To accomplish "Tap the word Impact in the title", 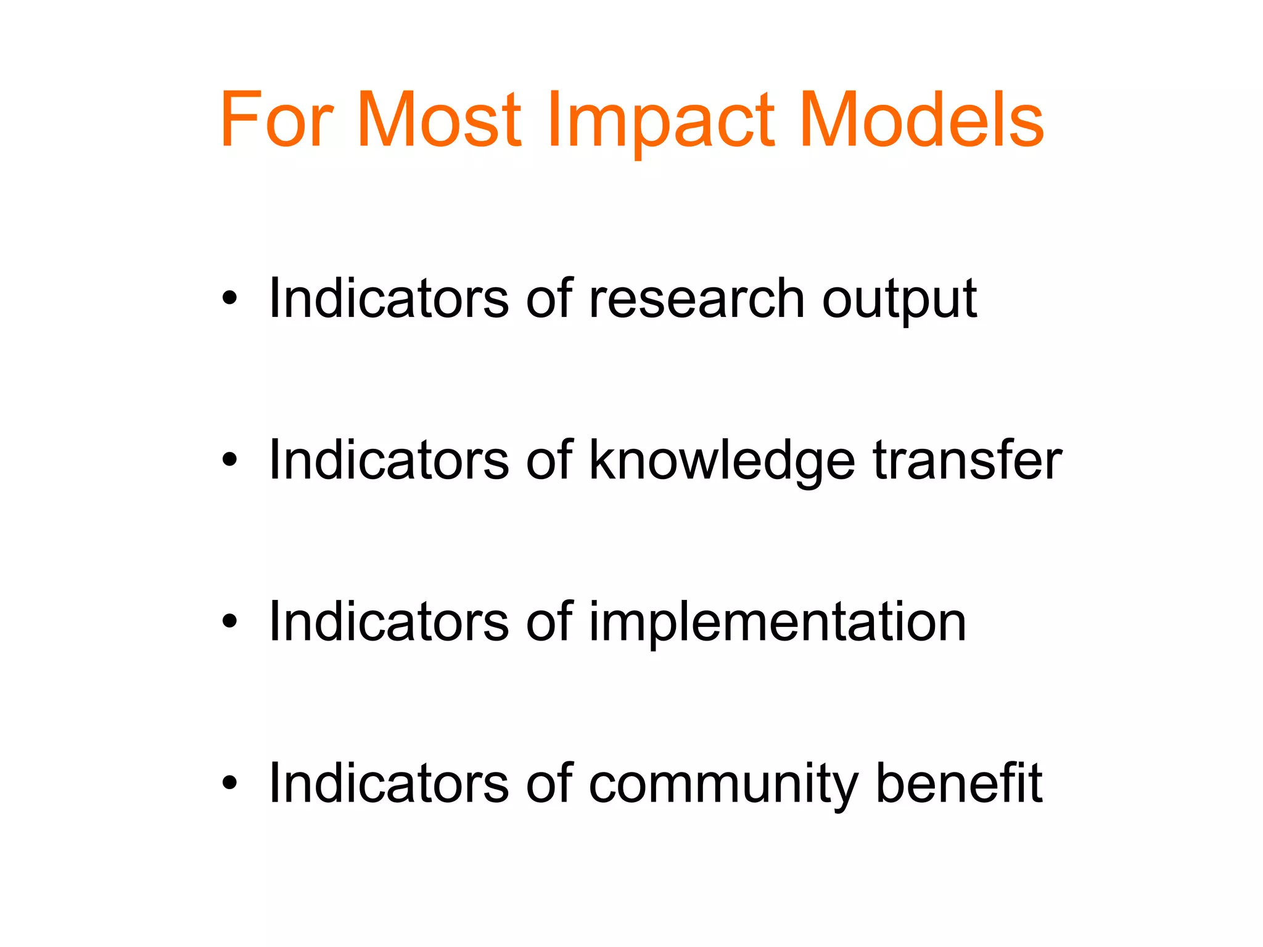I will pos(660,120).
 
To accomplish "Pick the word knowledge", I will pos(722,461).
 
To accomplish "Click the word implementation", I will pos(778,623).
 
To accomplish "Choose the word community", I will pos(723,785).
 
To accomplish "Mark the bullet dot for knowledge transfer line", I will pos(230,460).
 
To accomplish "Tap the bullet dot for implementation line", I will pos(230,621).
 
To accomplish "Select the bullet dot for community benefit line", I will pos(230,783).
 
